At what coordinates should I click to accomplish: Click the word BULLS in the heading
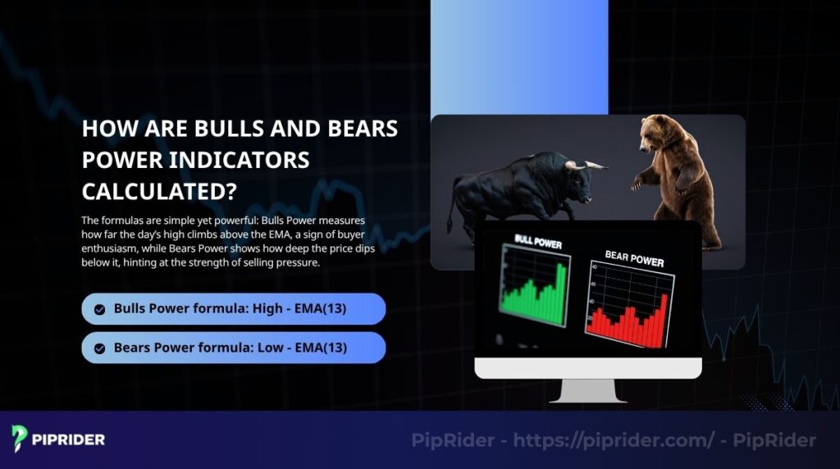pos(227,129)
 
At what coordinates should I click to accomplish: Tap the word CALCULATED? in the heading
pos(159,191)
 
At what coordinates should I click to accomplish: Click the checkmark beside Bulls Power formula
pos(99,310)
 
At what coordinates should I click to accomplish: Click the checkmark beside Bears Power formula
pos(99,348)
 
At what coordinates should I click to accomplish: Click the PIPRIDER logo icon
pos(20,438)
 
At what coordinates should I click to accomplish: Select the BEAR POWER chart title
pos(633,259)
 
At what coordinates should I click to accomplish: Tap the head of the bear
pos(657,131)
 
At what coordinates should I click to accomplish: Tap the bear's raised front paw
pos(637,184)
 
